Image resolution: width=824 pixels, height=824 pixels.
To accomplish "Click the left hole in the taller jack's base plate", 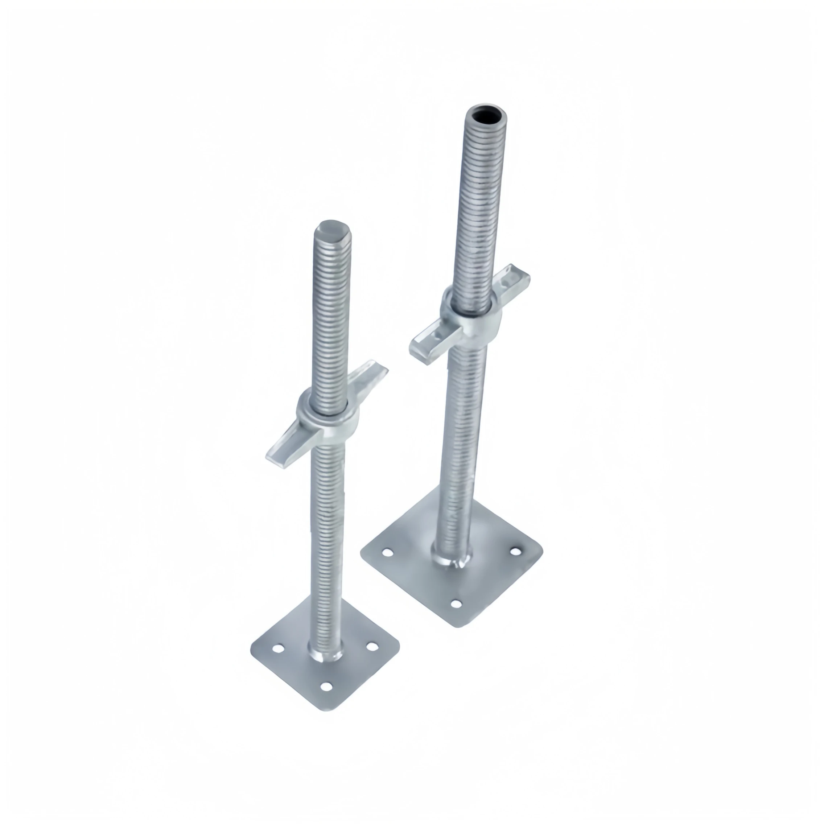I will point(387,553).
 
